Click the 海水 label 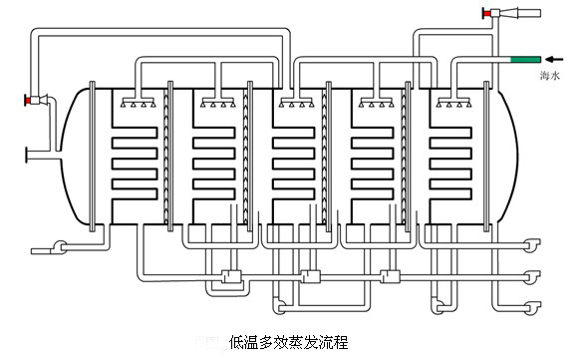[x=550, y=75]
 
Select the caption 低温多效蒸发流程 [x=288, y=342]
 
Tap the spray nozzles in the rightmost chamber [x=454, y=103]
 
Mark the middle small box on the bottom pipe [x=309, y=276]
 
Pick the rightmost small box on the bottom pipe [x=389, y=276]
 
